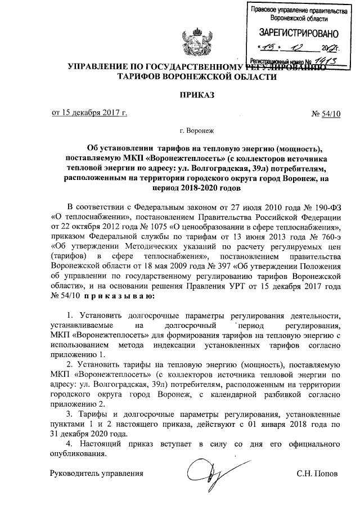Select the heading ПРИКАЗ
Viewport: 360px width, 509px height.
coord(195,94)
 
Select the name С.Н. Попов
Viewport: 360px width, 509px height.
coord(317,474)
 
